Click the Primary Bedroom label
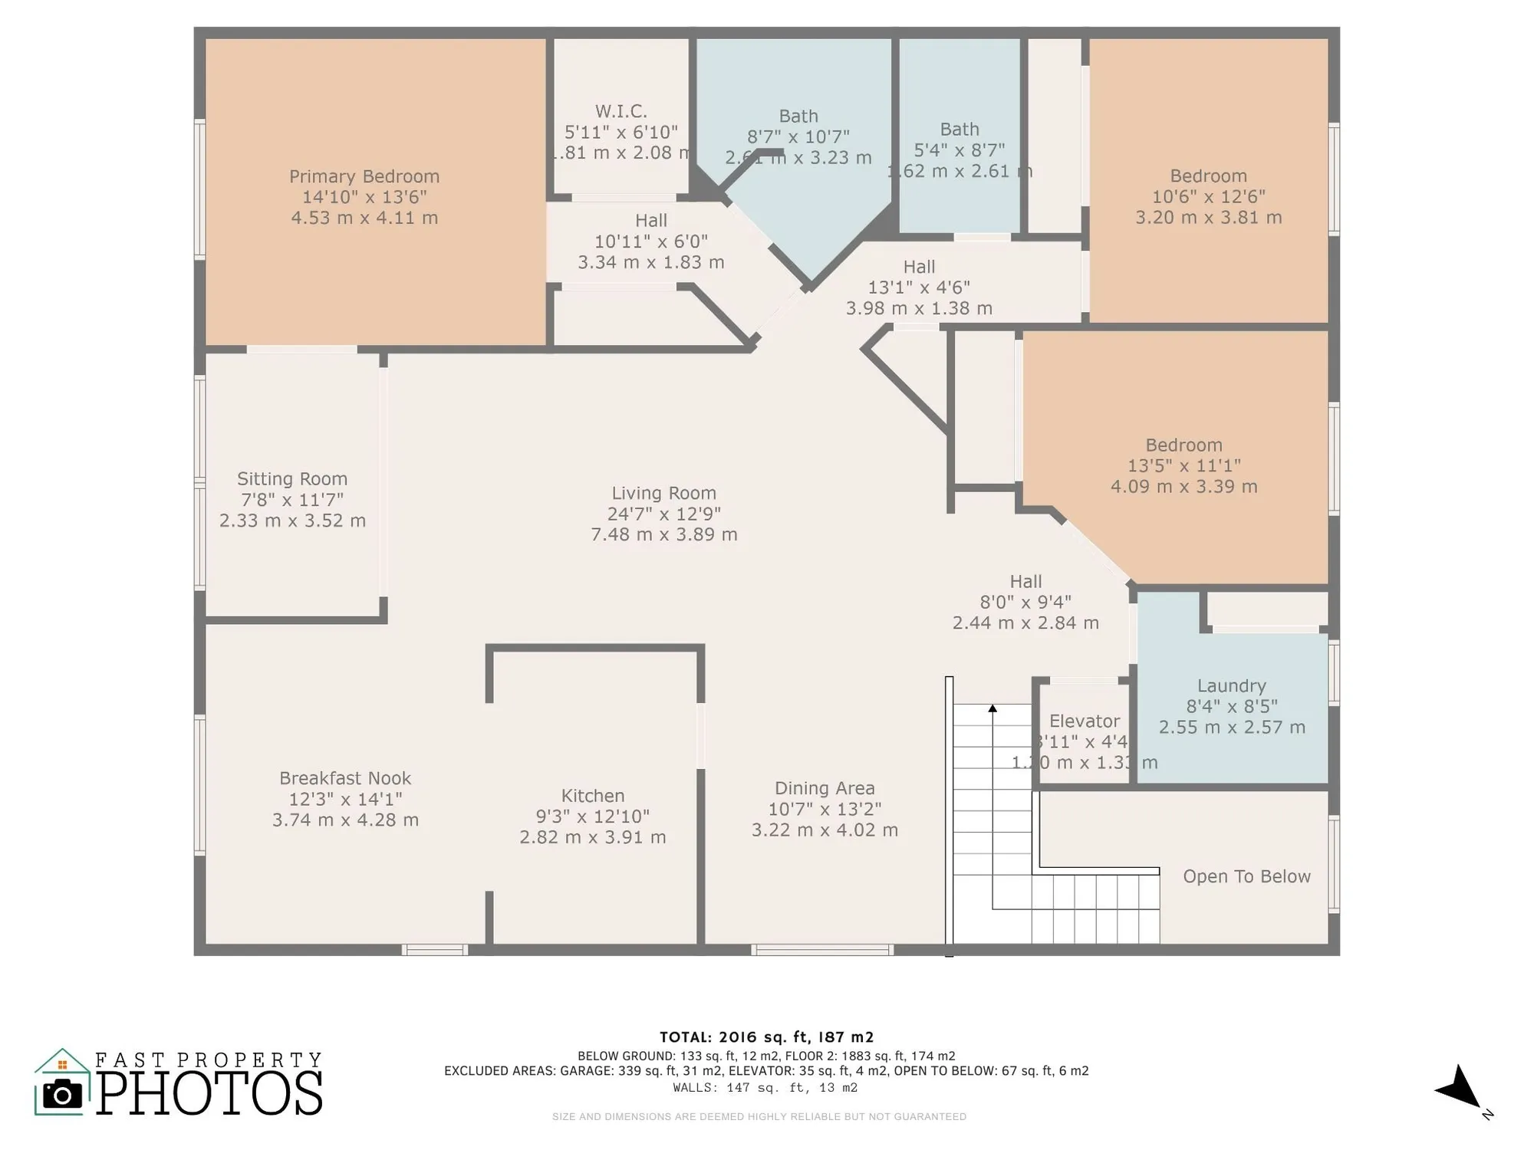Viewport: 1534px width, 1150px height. pyautogui.click(x=364, y=176)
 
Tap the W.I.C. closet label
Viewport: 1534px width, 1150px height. pyautogui.click(x=621, y=111)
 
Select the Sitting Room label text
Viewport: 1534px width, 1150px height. pyautogui.click(x=292, y=479)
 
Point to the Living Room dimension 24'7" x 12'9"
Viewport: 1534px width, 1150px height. pyautogui.click(x=664, y=514)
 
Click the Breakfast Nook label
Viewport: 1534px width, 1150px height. pyautogui.click(x=345, y=778)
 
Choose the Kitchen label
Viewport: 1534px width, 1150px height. pyautogui.click(x=593, y=796)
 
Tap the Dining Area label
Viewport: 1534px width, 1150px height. pyautogui.click(x=825, y=788)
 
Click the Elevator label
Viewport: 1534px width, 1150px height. pyautogui.click(x=1084, y=721)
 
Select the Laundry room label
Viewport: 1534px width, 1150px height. pyautogui.click(x=1232, y=686)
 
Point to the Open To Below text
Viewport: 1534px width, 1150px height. pyautogui.click(x=1246, y=876)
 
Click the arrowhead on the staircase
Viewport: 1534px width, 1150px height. pyautogui.click(x=992, y=708)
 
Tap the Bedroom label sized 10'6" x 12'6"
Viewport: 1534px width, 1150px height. pyautogui.click(x=1208, y=176)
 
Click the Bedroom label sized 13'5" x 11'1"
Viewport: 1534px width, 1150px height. pyautogui.click(x=1183, y=445)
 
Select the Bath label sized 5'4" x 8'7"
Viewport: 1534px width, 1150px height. pyautogui.click(x=960, y=130)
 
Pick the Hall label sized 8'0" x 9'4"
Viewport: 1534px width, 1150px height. pyautogui.click(x=1025, y=581)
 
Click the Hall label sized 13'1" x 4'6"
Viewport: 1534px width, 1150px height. pyautogui.click(x=919, y=267)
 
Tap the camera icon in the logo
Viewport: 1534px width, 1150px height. pyautogui.click(x=62, y=1094)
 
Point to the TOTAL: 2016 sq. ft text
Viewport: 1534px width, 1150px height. pyautogui.click(x=766, y=1037)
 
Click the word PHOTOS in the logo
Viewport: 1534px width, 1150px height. pyautogui.click(x=209, y=1093)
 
